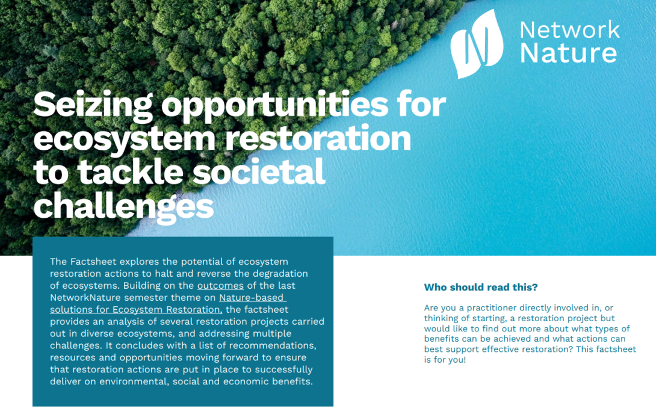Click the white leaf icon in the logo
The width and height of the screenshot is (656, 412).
pos(477,44)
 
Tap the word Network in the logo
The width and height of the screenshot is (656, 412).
pos(569,29)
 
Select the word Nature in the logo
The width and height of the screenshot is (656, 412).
pos(568,53)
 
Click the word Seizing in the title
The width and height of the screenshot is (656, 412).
pos(93,105)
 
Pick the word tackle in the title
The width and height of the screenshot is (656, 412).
pos(131,171)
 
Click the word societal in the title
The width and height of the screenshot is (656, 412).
pos(259,171)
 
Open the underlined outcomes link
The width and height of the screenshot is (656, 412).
pos(220,286)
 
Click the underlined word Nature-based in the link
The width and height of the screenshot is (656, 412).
pos(252,297)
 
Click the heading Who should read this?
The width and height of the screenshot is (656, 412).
pos(481,287)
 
